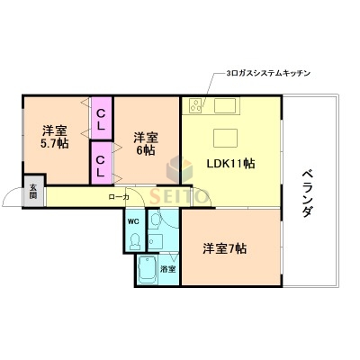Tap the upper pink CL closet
[x=101, y=119]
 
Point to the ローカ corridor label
[x=118, y=196]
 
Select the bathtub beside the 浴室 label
[x=146, y=269]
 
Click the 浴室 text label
[x=167, y=268]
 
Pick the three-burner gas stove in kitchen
[x=196, y=105]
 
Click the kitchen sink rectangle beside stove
[x=223, y=106]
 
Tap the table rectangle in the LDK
[x=225, y=138]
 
